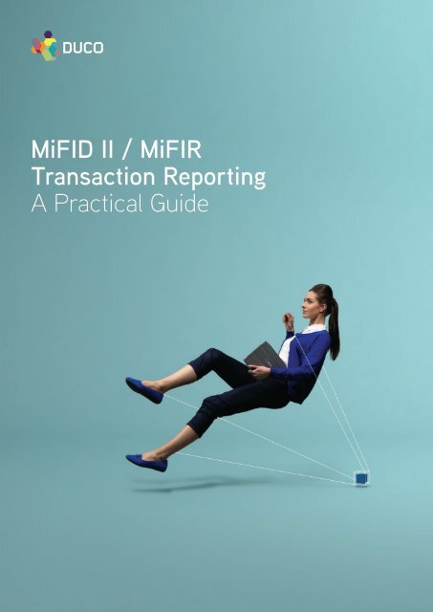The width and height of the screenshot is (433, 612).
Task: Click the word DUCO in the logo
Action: [83, 45]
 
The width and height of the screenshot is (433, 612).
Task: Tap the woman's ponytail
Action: [332, 320]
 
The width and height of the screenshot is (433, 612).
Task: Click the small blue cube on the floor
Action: [361, 476]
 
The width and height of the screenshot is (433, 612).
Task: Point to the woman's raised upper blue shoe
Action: [143, 389]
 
